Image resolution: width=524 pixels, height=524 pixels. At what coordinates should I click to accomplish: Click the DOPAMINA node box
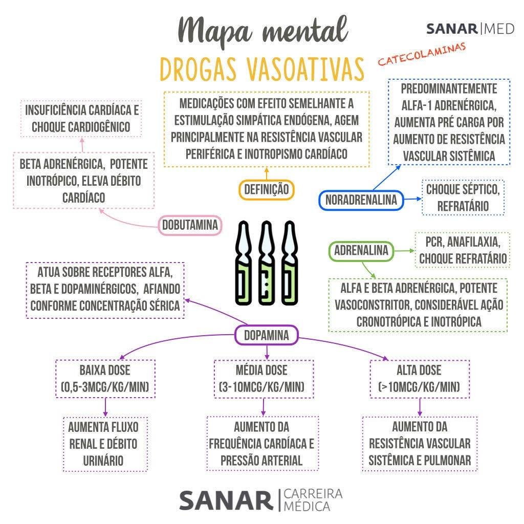pyautogui.click(x=266, y=335)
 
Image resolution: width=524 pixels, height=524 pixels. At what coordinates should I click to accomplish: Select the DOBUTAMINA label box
pyautogui.click(x=190, y=225)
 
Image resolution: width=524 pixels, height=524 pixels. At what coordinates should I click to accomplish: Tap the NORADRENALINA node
pyautogui.click(x=361, y=200)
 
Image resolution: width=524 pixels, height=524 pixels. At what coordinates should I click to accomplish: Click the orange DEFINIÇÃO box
pyautogui.click(x=266, y=190)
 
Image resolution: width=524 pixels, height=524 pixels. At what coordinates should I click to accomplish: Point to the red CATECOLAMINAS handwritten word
pyautogui.click(x=422, y=54)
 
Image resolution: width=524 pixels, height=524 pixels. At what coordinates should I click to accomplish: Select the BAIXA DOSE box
pyautogui.click(x=106, y=379)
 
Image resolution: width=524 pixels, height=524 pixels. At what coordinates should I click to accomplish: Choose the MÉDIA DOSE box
pyautogui.click(x=261, y=379)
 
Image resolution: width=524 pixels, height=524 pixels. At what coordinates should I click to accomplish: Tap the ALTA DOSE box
pyautogui.click(x=419, y=379)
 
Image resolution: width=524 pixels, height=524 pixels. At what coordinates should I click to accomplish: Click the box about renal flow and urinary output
pyautogui.click(x=103, y=443)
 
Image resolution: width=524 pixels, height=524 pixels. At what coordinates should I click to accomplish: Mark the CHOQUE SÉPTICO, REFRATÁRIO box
pyautogui.click(x=463, y=197)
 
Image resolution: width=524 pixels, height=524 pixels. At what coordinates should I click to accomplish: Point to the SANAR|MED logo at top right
pyautogui.click(x=470, y=28)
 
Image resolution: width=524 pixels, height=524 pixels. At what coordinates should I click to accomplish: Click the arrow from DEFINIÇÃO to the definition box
pyautogui.click(x=266, y=173)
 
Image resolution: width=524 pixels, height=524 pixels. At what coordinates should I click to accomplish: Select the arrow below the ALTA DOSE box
pyautogui.click(x=420, y=407)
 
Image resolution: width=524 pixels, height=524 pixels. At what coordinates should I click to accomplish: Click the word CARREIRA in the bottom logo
pyautogui.click(x=313, y=494)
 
